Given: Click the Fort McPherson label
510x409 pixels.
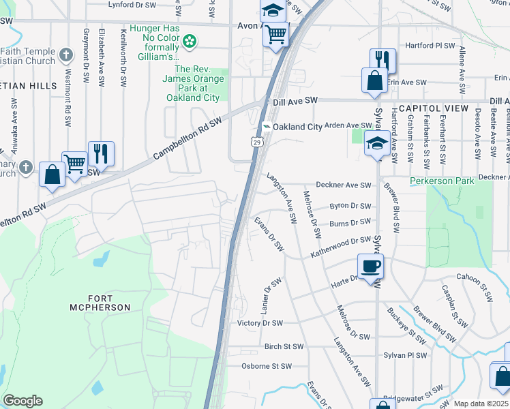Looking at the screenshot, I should (x=100, y=303).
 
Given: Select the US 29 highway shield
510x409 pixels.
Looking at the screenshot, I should (x=256, y=141).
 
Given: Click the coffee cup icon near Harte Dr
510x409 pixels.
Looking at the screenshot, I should (x=370, y=266).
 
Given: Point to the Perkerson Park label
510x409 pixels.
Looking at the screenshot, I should (x=442, y=181).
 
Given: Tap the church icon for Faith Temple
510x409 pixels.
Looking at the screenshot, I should (x=65, y=54).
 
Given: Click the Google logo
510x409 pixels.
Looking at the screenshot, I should (x=22, y=401).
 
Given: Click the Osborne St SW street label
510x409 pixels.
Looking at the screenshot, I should (x=267, y=366).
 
